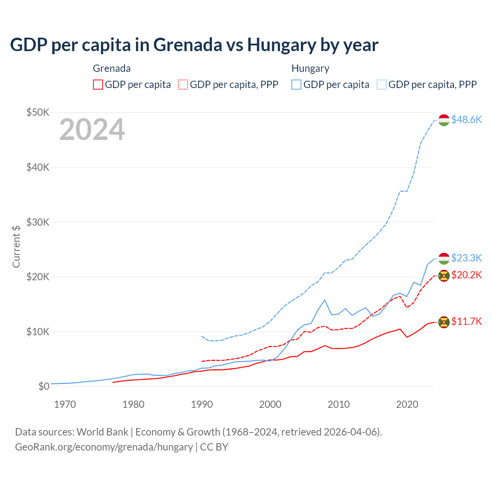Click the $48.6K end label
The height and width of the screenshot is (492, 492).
466,120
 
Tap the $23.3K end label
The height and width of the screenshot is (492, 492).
466,258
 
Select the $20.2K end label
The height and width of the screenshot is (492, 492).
466,275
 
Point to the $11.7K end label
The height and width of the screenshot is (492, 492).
466,321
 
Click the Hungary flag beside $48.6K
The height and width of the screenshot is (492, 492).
444,120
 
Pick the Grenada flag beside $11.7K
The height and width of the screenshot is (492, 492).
444,322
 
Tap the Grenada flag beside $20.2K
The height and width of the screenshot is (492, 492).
444,276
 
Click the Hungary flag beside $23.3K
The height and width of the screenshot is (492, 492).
444,258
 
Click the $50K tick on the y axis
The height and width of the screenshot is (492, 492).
38,112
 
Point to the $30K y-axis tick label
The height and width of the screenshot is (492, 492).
38,222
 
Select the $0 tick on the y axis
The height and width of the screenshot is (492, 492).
44,386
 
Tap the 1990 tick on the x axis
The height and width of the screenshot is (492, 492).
202,404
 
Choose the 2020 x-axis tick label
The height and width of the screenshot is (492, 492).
407,404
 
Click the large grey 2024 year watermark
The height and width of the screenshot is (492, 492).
92,130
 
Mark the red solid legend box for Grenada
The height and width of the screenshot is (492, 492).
98,85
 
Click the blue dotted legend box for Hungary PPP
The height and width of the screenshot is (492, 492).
382,85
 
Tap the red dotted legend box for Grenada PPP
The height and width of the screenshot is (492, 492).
183,85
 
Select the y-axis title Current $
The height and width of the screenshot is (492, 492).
16,246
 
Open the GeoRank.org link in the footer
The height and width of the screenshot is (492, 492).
104,447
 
